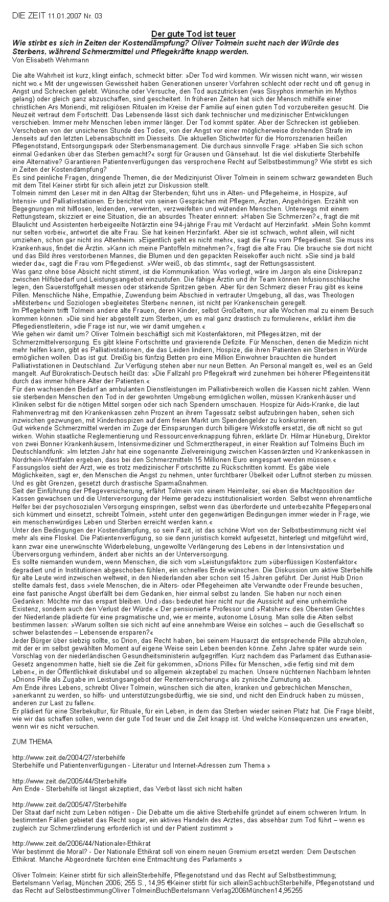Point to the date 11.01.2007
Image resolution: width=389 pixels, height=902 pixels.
(x=64, y=16)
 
